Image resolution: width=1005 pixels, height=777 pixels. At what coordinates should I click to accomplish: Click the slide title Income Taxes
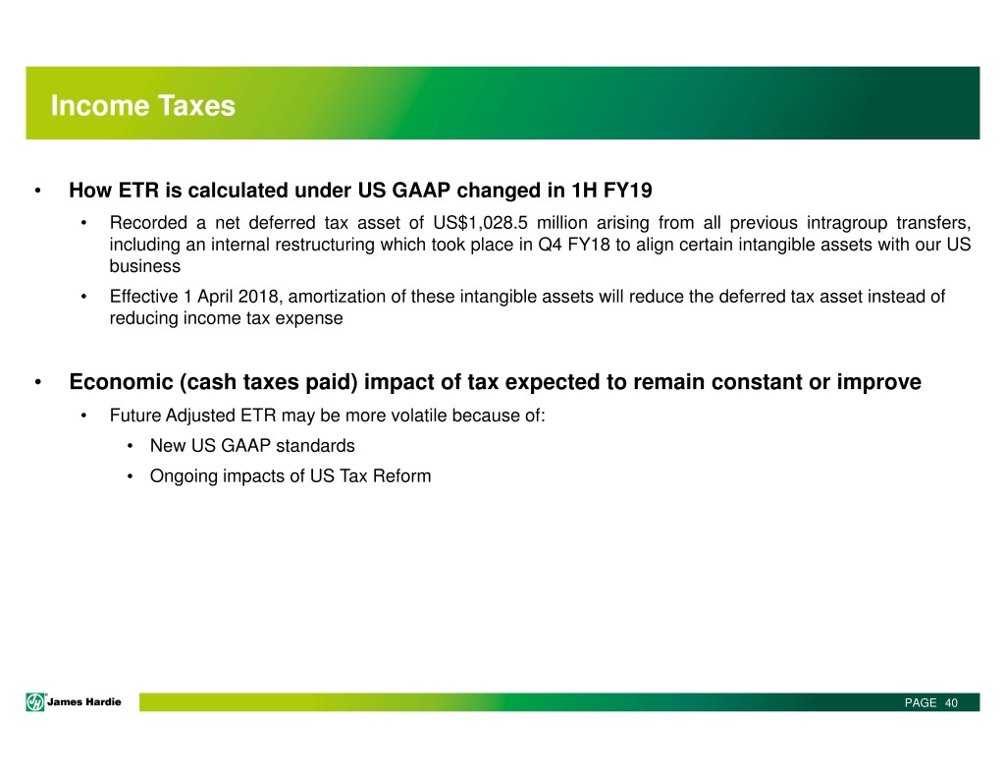(x=143, y=106)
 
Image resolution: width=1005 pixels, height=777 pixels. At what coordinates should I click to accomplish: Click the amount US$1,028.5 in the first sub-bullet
(x=480, y=223)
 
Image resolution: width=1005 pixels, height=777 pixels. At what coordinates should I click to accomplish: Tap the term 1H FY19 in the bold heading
(x=611, y=191)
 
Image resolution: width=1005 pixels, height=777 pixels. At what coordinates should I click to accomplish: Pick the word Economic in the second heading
(x=121, y=382)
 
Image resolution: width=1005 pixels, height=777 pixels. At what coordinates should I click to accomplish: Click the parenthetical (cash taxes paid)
(x=269, y=382)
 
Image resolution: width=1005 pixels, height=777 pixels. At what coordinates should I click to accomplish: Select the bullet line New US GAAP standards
(x=252, y=446)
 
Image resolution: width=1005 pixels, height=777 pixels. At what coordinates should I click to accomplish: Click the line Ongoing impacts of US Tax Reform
(x=291, y=476)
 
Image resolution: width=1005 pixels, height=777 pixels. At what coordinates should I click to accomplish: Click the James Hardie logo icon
(x=35, y=702)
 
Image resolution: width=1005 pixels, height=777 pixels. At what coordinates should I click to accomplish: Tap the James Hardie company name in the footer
(x=84, y=702)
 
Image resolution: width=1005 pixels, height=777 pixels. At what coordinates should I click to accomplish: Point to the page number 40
(x=951, y=703)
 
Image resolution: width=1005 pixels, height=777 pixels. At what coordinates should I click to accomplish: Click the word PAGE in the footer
(x=921, y=703)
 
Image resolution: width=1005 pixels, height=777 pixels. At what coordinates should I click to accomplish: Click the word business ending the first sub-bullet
(x=145, y=267)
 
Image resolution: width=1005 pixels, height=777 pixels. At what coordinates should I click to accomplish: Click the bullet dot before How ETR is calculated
(x=38, y=191)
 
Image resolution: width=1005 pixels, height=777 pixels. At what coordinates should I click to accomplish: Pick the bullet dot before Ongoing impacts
(x=131, y=476)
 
